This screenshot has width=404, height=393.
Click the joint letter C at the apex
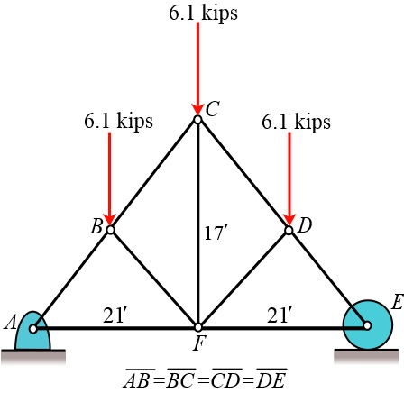(213, 110)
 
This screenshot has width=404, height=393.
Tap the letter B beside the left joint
(96, 227)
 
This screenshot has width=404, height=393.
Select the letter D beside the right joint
(305, 225)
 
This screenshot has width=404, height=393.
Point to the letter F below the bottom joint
(198, 343)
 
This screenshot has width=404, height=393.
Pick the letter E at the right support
(397, 304)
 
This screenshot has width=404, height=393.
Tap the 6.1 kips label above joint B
(118, 121)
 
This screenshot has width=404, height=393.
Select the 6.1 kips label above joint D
(297, 121)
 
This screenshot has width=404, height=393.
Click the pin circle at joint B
(111, 230)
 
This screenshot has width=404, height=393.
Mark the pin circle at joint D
(289, 230)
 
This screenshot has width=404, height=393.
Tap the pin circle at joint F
(197, 326)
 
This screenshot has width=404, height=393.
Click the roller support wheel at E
(367, 324)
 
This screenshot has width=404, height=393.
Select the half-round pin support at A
(33, 332)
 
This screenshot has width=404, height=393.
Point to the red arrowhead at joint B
(110, 219)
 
